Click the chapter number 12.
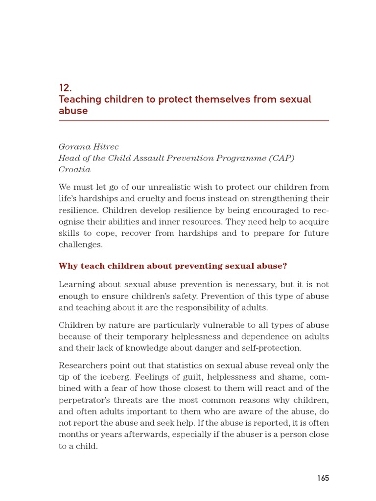[x=65, y=88]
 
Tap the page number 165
[x=323, y=478]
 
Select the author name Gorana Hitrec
[x=89, y=147]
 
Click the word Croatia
[x=74, y=170]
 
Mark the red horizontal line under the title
[x=193, y=120]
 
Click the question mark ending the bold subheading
[x=284, y=266]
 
